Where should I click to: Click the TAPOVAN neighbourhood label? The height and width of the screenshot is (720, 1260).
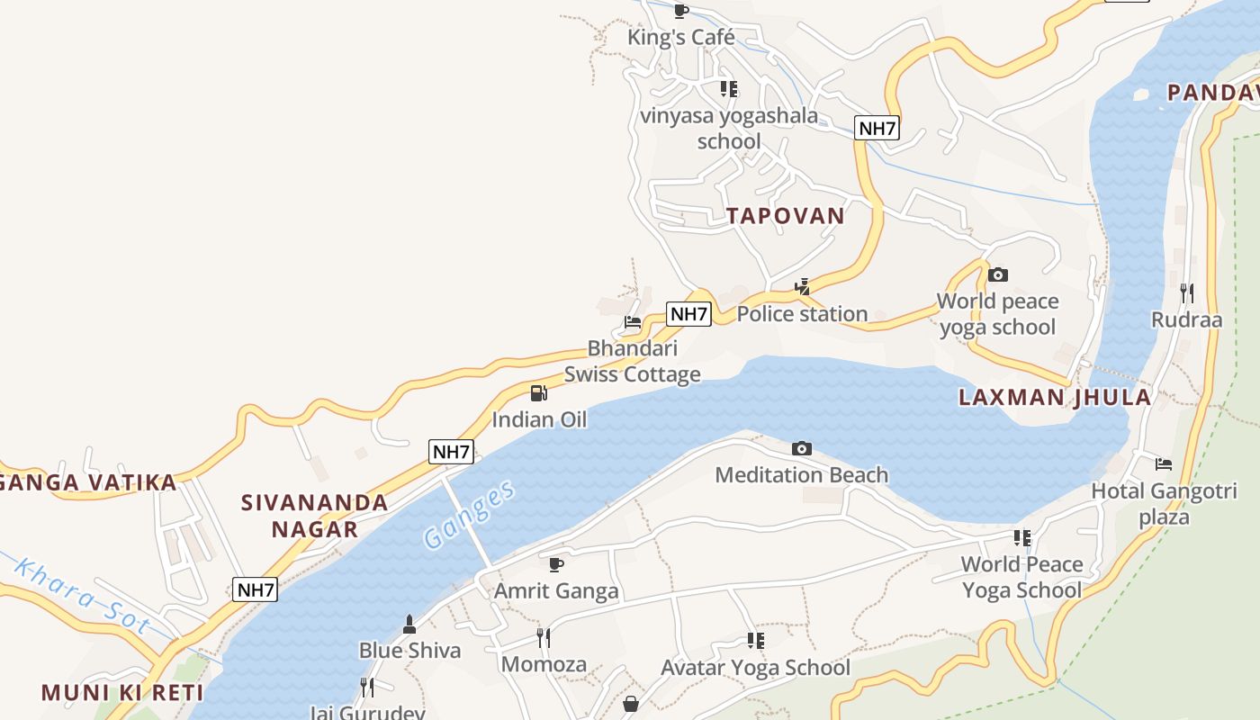[786, 216]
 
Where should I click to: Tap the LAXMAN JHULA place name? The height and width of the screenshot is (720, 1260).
[1054, 398]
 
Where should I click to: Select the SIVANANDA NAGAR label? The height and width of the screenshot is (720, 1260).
[315, 515]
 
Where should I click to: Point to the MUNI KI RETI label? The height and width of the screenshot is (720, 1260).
[122, 693]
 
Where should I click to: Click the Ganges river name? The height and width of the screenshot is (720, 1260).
[470, 515]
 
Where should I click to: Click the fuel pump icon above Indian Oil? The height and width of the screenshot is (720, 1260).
[538, 392]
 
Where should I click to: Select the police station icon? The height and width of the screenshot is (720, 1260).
[802, 288]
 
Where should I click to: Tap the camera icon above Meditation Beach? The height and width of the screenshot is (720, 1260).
[801, 448]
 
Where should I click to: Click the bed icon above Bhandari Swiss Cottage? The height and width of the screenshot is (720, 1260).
[633, 322]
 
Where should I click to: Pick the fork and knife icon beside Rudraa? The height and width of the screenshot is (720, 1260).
[1187, 293]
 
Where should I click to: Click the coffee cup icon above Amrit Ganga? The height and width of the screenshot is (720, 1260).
[556, 564]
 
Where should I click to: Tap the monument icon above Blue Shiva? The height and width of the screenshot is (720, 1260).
[409, 624]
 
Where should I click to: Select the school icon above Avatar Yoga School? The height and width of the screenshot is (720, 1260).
[755, 641]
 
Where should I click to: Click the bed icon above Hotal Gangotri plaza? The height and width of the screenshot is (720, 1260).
[1164, 464]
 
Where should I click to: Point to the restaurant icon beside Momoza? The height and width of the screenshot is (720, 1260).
[544, 638]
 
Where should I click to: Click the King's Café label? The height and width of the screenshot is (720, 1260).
[681, 38]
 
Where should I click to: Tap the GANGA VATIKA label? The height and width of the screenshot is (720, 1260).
[88, 482]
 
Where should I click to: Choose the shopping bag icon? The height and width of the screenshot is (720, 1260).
[631, 703]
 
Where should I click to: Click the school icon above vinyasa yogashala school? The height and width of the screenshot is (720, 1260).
[729, 89]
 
